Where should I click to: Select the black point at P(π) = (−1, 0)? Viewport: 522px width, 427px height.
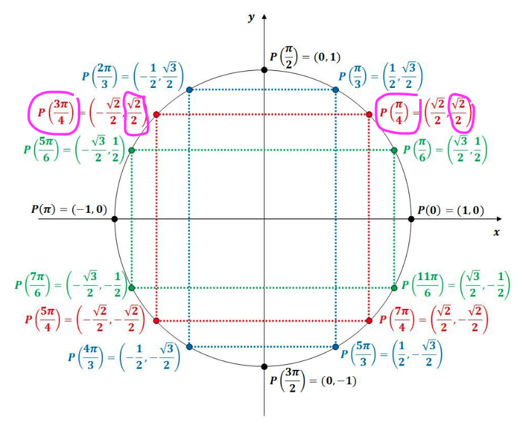pyautogui.click(x=115, y=219)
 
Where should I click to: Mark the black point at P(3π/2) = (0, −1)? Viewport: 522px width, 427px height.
pyautogui.click(x=264, y=367)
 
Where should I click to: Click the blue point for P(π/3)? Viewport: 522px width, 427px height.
pyautogui.click(x=336, y=90)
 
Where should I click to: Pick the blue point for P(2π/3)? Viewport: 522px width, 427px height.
pyautogui.click(x=189, y=90)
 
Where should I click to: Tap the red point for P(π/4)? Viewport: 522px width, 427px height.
pyautogui.click(x=369, y=114)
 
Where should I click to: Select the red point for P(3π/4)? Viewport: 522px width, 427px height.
pyautogui.click(x=156, y=114)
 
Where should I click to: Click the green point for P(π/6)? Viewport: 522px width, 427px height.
pyautogui.click(x=394, y=150)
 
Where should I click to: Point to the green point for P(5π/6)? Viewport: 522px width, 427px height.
pyautogui.click(x=132, y=150)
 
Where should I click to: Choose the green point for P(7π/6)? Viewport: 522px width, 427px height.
pyautogui.click(x=132, y=288)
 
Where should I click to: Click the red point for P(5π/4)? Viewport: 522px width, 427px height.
pyautogui.click(x=156, y=320)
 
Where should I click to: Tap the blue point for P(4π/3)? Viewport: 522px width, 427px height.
pyautogui.click(x=189, y=347)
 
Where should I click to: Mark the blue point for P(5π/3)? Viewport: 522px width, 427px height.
pyautogui.click(x=336, y=347)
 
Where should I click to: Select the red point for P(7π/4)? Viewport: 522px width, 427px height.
pyautogui.click(x=369, y=320)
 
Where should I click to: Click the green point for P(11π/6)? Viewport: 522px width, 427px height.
pyautogui.click(x=394, y=288)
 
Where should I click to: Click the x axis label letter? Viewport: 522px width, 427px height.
pyautogui.click(x=496, y=232)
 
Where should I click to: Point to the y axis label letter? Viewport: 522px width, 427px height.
pyautogui.click(x=252, y=18)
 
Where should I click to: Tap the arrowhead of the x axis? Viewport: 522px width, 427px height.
pyautogui.click(x=499, y=219)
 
